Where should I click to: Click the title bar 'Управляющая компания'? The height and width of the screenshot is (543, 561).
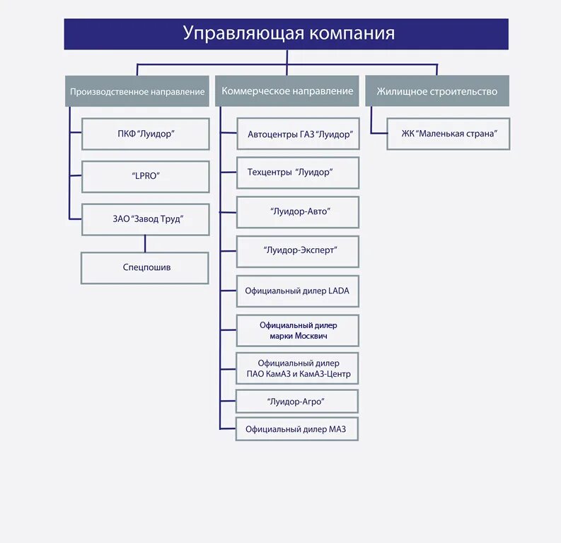(x=286, y=34)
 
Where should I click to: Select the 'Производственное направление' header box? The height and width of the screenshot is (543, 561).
(x=137, y=91)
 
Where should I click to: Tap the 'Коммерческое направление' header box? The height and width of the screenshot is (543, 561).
(x=287, y=91)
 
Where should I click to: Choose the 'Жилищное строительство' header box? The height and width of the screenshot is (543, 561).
(x=436, y=91)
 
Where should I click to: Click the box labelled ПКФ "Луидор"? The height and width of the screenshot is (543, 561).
(x=145, y=134)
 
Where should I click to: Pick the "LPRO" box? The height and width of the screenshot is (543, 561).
(x=145, y=177)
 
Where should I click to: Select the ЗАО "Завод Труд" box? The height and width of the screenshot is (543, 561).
(x=145, y=219)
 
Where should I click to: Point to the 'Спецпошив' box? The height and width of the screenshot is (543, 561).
(x=145, y=268)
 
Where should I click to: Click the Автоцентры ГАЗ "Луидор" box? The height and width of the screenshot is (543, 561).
(x=298, y=134)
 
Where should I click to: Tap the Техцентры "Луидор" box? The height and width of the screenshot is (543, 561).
(x=298, y=173)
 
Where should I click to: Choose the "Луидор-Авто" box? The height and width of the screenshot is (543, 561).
(x=298, y=211)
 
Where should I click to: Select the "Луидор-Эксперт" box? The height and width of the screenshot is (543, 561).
(x=298, y=251)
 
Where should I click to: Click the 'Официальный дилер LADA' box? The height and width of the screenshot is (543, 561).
(x=298, y=291)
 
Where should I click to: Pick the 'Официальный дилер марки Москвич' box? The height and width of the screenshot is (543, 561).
(x=298, y=330)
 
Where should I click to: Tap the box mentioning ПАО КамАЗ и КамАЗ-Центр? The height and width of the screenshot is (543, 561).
(x=298, y=368)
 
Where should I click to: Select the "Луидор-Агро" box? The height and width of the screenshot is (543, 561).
(x=298, y=402)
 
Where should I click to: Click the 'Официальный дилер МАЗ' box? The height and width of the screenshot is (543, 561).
(x=298, y=429)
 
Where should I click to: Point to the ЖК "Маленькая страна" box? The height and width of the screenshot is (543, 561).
(x=449, y=134)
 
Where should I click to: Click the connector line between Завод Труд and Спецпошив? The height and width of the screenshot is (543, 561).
(x=145, y=244)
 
